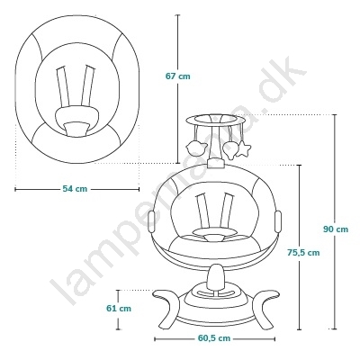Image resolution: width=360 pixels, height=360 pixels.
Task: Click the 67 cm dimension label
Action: [178, 76]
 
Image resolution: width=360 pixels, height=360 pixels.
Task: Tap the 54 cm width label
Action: [75, 189]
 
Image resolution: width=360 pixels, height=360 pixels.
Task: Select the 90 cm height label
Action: [336, 229]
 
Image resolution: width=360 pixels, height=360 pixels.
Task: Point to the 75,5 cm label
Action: [303, 253]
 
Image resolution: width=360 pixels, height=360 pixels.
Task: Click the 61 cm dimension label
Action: [119, 308]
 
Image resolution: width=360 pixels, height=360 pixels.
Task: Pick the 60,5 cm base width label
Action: [214, 338]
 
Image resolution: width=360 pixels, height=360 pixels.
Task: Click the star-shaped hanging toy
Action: [244, 149]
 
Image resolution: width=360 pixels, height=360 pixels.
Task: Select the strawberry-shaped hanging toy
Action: [230, 149]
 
